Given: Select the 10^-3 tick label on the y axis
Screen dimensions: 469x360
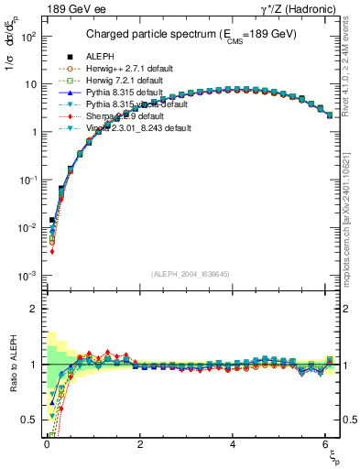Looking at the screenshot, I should pos(27,276).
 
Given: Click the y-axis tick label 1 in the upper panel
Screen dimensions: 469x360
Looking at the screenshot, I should pos(33,132).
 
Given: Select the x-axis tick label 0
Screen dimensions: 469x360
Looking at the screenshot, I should pos(46,444).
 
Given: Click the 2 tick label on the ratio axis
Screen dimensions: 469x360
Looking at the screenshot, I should pos(33,309).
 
